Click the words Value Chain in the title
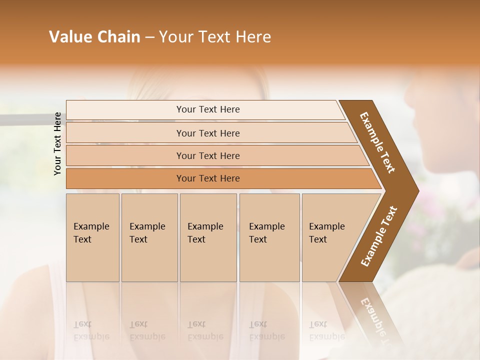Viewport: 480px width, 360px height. (x=94, y=37)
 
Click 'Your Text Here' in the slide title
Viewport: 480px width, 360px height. (x=215, y=37)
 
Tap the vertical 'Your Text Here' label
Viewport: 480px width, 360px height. (x=57, y=143)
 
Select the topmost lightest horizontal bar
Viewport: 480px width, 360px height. (x=125, y=110)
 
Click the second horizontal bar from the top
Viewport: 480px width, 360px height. (x=125, y=133)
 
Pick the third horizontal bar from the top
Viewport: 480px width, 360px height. (x=125, y=156)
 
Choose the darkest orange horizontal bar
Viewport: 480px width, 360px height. (x=125, y=178)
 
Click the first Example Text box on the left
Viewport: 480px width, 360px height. (x=92, y=237)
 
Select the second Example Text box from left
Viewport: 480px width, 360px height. (x=149, y=237)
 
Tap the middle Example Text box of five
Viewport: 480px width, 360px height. (x=208, y=237)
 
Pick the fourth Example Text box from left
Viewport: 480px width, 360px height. (x=269, y=237)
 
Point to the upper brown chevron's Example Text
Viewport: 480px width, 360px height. (x=377, y=142)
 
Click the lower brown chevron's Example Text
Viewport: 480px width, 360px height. (x=378, y=236)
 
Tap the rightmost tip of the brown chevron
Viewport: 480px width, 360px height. (x=417, y=191)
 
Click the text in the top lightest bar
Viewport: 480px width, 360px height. (x=208, y=109)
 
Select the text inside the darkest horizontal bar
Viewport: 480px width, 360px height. (x=208, y=178)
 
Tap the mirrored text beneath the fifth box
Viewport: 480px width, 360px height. (x=326, y=330)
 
